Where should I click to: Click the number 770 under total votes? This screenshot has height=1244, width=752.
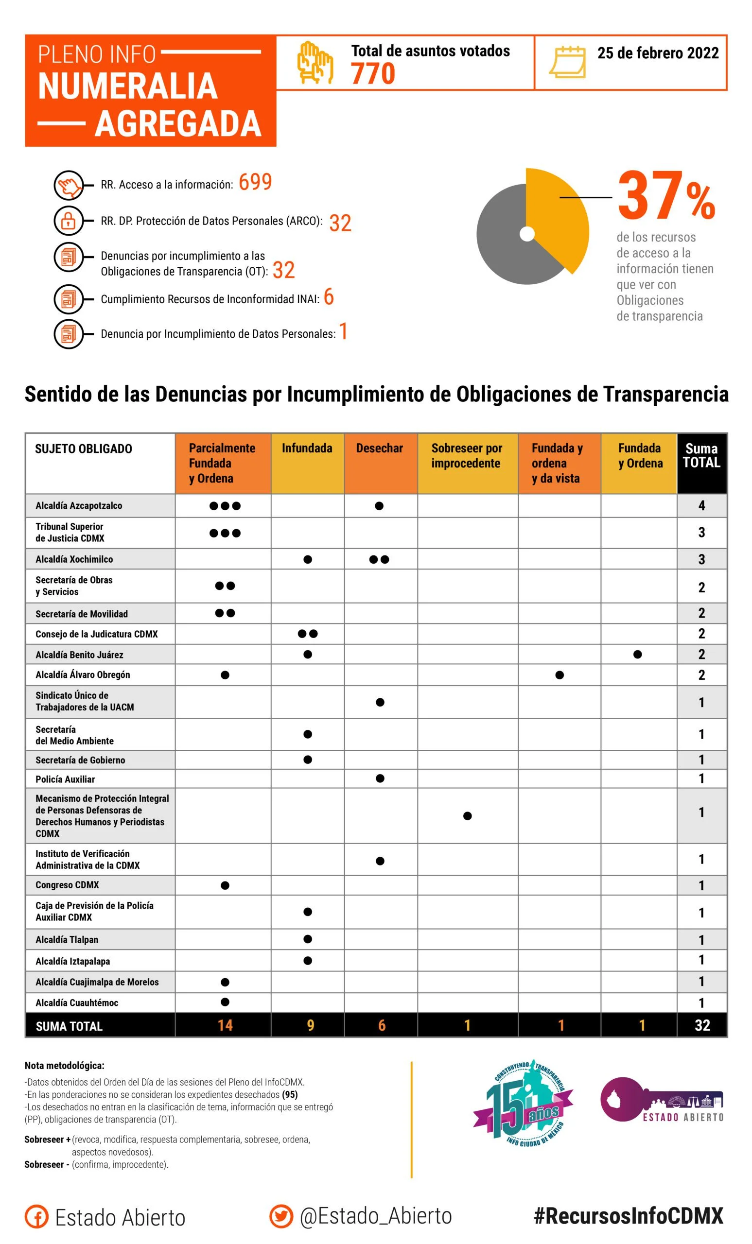coord(373,74)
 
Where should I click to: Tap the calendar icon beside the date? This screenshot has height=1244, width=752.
coord(568,62)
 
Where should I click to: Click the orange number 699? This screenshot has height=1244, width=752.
coord(255,182)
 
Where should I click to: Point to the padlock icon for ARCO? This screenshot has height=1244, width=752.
coord(68,221)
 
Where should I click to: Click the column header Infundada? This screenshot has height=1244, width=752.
coord(307,448)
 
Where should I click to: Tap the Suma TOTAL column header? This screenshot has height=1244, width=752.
coord(701,455)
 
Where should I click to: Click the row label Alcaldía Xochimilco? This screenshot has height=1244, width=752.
coord(74,559)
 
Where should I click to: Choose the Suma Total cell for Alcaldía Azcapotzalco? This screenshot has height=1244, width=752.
coord(701,505)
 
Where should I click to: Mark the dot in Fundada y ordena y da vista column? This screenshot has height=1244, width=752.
coord(559,675)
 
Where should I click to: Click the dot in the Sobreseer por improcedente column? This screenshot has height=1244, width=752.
coord(467,816)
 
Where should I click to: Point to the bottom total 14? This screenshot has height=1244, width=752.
coord(225,1025)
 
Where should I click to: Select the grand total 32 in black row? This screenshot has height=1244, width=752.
coord(702,1025)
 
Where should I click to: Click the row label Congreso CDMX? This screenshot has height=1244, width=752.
coord(67,885)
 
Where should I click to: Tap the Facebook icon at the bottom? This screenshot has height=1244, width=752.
coord(37,1217)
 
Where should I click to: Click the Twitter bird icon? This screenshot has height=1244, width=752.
coord(281,1216)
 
